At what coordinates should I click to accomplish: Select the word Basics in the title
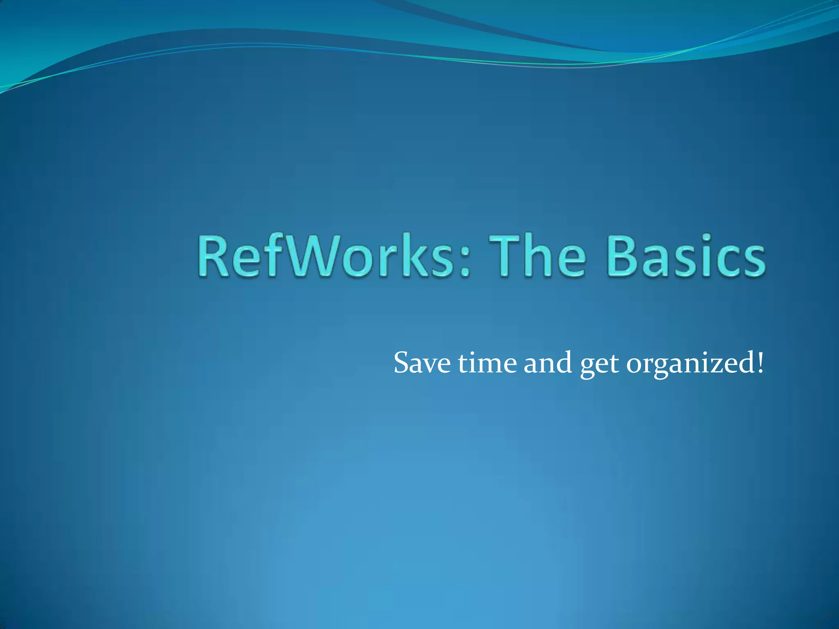[686, 257]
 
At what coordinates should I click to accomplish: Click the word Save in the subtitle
[422, 363]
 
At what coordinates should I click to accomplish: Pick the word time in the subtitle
[487, 363]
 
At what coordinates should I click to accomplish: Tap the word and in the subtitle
[548, 363]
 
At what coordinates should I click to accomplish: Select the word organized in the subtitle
[690, 364]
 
